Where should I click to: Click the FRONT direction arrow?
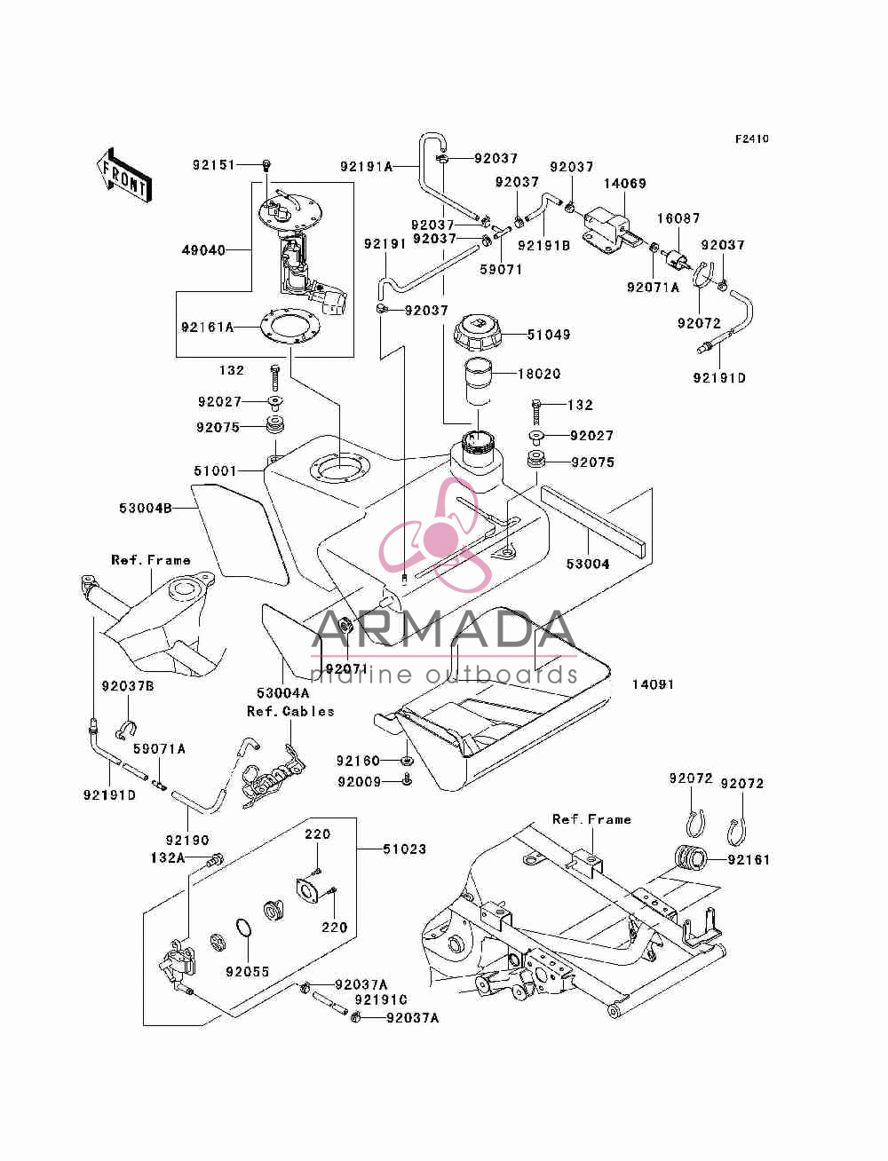124,175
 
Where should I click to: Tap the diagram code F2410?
751,139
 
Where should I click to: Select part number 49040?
203,249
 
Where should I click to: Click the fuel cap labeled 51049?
475,333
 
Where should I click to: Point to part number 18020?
539,374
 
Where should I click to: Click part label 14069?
625,184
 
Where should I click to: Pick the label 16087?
678,218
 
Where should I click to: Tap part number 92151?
213,165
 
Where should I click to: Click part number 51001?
215,470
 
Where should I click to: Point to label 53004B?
146,509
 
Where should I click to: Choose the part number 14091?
653,684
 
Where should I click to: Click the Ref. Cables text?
290,711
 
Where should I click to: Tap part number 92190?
187,840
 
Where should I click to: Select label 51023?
404,849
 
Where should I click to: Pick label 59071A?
159,749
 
